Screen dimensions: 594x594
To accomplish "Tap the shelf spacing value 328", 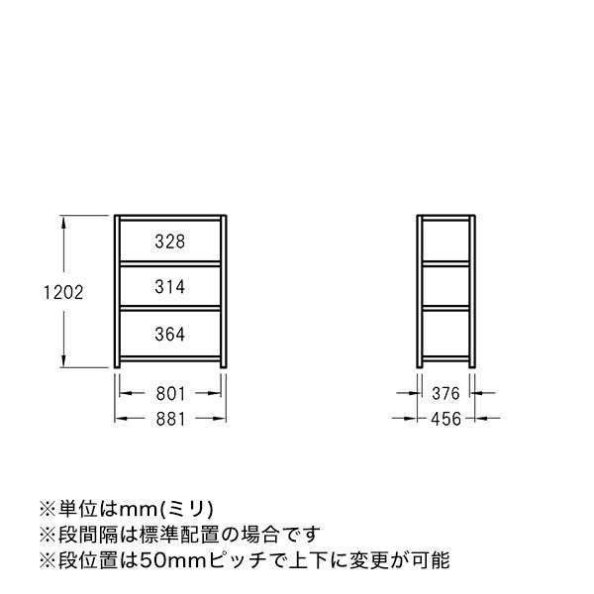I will coord(170,241).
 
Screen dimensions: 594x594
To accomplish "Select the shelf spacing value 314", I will coord(170,286).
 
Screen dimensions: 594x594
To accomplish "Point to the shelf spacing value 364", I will coord(170,334).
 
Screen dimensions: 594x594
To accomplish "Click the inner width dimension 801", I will coord(171,393).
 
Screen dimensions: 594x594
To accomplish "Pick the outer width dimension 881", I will coord(171,419).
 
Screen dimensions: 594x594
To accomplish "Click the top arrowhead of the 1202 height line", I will coord(65,221).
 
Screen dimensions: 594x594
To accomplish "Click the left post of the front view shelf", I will coord(117,292).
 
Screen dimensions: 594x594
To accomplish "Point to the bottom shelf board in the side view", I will coord(447,356).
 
